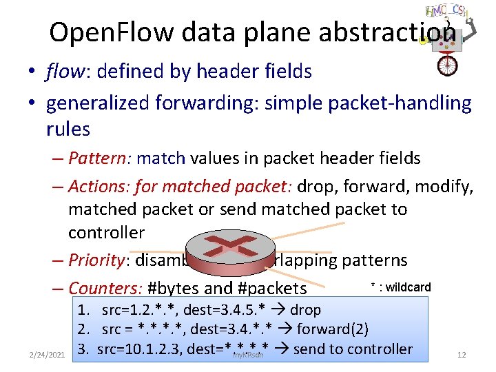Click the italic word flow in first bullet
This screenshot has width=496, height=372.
pos(61,71)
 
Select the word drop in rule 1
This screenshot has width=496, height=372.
pos(306,311)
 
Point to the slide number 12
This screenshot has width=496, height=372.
pos(462,355)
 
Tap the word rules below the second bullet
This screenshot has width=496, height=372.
pos(68,129)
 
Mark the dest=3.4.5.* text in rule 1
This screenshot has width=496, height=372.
pos(235,311)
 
